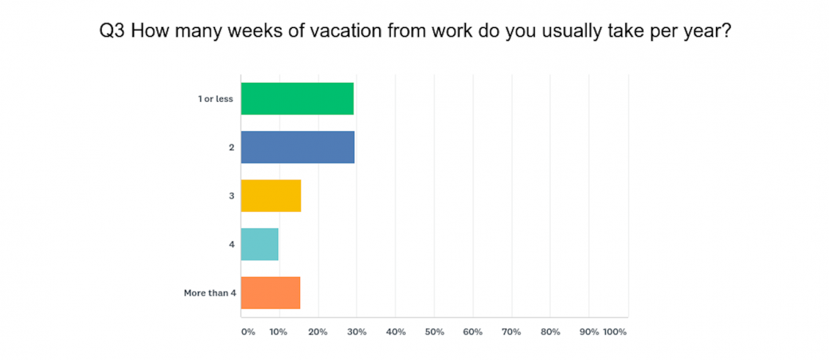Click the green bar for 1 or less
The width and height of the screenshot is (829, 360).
[297, 99]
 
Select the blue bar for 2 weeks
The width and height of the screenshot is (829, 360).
[298, 147]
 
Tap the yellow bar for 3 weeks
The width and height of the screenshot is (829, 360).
[271, 196]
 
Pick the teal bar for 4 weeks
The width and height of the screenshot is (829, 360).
[260, 244]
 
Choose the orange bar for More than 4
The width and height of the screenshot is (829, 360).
[271, 293]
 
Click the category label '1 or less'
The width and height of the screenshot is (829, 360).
[216, 99]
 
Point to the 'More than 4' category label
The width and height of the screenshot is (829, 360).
[210, 293]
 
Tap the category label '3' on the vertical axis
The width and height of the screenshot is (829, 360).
[231, 196]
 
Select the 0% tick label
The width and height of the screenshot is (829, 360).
[248, 332]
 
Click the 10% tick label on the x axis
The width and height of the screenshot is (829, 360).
[278, 332]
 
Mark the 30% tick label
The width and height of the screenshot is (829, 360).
[357, 332]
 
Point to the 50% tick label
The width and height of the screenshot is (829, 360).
[434, 332]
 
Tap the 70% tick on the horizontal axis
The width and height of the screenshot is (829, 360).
[511, 332]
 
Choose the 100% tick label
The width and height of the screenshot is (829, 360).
[615, 332]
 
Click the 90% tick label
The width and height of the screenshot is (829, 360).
[589, 332]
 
